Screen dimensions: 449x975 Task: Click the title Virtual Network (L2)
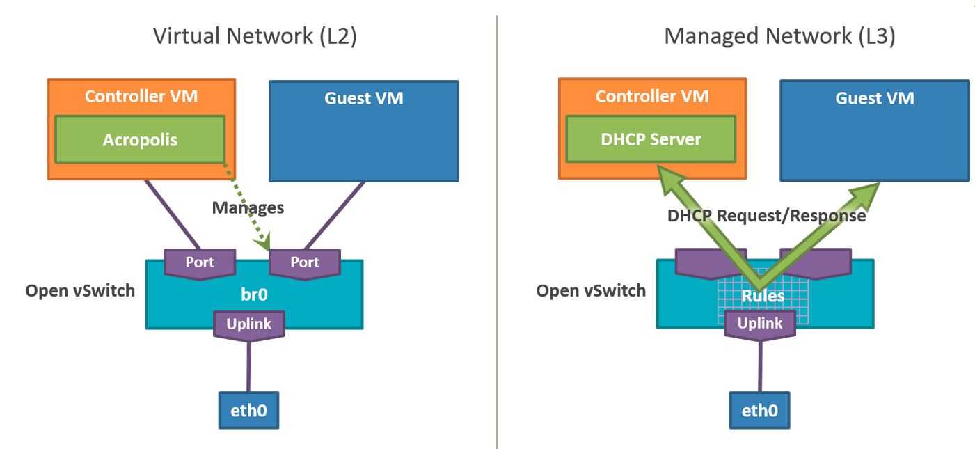[x=255, y=36]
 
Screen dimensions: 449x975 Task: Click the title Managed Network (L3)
[x=779, y=36]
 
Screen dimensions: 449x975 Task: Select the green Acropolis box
[x=140, y=140]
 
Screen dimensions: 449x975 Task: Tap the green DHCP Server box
[x=651, y=139]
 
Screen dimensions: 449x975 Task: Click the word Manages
[x=248, y=207]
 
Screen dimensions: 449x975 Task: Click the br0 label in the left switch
[x=254, y=294]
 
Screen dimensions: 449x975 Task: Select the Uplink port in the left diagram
[x=248, y=324]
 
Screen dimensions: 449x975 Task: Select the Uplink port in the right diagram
[x=759, y=324]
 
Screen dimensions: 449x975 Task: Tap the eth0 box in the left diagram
[x=248, y=410]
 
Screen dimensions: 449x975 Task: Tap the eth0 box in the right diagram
[x=759, y=410]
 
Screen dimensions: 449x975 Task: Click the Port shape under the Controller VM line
[x=200, y=263]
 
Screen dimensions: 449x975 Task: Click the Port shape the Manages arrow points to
[x=304, y=263]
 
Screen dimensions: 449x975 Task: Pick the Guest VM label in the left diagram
[x=363, y=98]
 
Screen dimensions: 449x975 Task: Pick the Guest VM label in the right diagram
[x=874, y=98]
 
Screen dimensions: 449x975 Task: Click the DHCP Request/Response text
[x=766, y=216]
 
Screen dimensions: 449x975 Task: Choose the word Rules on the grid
[x=763, y=296]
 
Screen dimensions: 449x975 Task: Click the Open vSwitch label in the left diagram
[x=80, y=290]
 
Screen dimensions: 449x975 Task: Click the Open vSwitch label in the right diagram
[x=591, y=290]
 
